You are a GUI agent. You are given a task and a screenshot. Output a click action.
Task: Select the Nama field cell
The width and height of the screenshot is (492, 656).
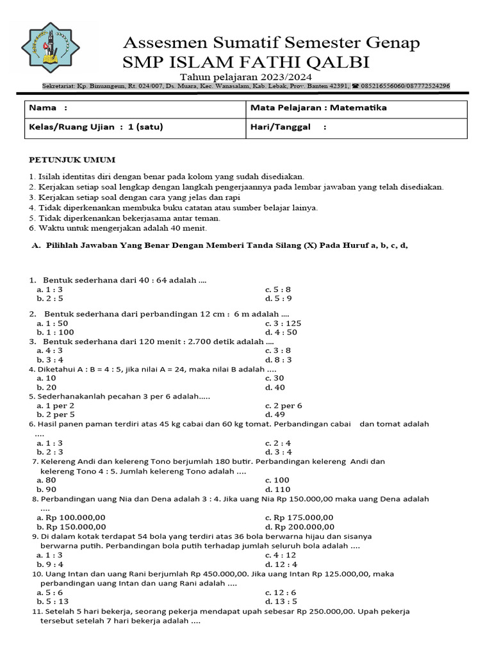tap(135, 109)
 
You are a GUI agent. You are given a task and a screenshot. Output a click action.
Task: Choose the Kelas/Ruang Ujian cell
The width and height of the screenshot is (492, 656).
tap(135, 127)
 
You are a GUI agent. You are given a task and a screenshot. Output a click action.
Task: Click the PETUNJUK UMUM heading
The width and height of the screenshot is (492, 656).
tap(72, 160)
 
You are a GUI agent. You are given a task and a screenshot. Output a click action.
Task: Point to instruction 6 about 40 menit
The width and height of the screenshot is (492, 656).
tap(118, 228)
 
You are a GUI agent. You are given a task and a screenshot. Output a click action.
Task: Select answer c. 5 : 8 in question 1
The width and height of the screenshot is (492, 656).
tap(278, 290)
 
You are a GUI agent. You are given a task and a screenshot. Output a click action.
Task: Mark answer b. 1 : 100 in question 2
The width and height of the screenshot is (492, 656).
tap(56, 332)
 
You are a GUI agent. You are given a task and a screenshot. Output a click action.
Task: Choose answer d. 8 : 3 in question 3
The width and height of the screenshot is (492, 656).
tap(278, 359)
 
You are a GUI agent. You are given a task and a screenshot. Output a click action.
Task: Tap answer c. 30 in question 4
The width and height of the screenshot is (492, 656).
tap(277, 378)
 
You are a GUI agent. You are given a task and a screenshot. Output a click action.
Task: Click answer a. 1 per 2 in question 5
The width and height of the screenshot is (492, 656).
tap(56, 406)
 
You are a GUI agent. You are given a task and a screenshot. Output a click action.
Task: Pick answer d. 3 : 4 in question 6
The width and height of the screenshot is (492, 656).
tap(278, 452)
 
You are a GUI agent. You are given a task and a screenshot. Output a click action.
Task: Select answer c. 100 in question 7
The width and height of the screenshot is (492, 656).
tap(277, 480)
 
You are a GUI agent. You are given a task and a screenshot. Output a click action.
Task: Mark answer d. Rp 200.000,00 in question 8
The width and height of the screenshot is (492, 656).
tap(299, 527)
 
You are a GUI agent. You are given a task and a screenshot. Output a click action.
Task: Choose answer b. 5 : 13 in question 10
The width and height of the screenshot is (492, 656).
tap(53, 602)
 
